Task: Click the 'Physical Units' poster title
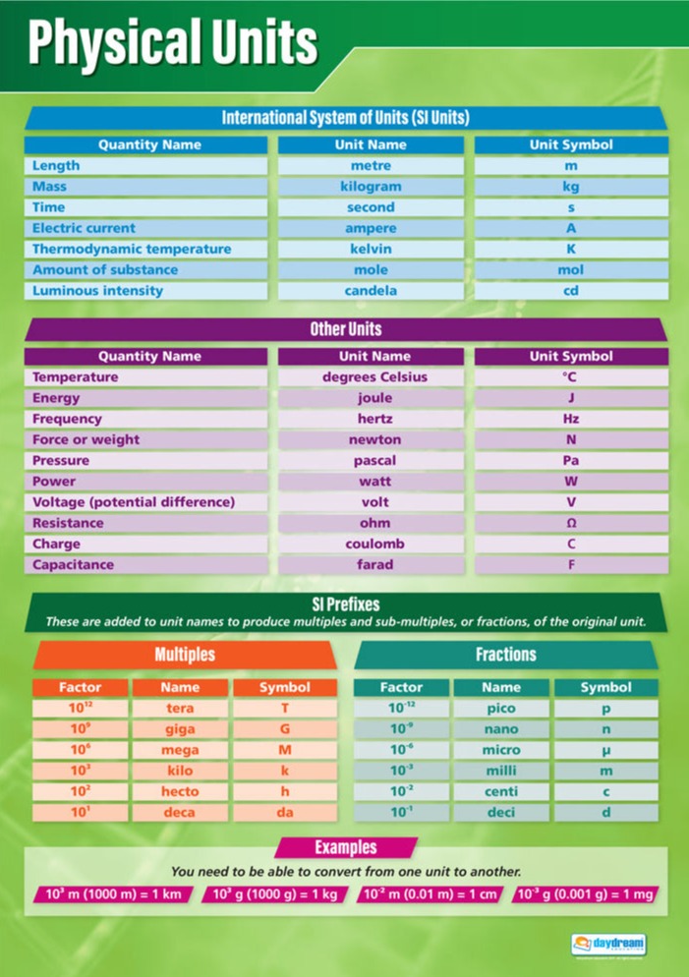tap(173, 44)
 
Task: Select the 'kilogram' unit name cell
tap(371, 187)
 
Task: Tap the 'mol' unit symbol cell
tap(571, 269)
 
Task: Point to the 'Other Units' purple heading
tap(345, 329)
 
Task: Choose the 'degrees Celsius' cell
tap(371, 377)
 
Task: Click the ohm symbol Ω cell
tap(571, 523)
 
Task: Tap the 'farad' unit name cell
tap(371, 565)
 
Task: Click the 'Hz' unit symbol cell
tap(571, 419)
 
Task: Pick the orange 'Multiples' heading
tap(184, 655)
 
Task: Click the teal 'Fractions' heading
tap(505, 655)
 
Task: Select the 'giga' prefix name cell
tap(180, 729)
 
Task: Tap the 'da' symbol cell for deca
tap(284, 813)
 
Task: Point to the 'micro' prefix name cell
tap(501, 750)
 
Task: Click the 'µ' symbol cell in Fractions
tap(605, 750)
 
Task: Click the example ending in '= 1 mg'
tap(587, 894)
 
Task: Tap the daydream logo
tap(609, 945)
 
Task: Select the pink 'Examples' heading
tap(345, 847)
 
